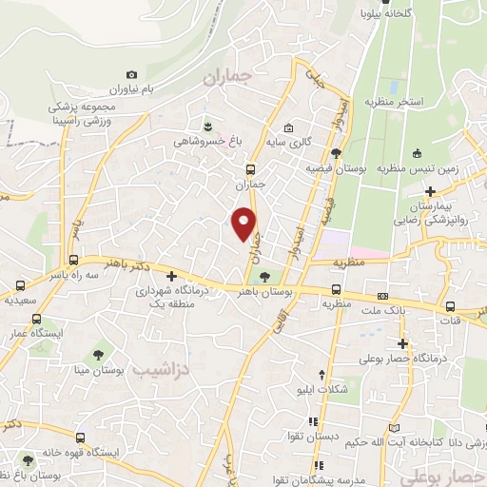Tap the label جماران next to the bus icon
(250, 185)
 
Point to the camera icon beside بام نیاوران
(131, 74)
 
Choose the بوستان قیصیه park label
(336, 166)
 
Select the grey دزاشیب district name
(160, 368)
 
